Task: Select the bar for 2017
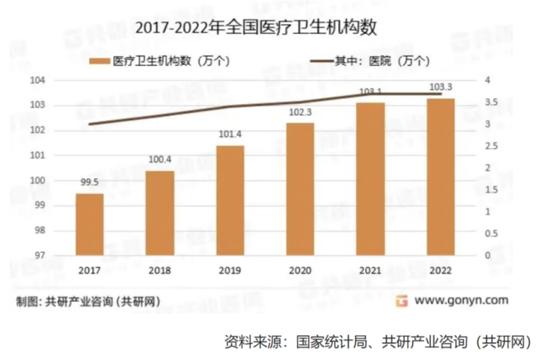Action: (90, 224)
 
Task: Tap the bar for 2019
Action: (230, 200)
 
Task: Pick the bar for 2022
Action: (441, 177)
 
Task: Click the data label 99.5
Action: (90, 181)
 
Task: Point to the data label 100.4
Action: (160, 159)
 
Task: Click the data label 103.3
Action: (441, 88)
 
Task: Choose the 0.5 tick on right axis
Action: (489, 234)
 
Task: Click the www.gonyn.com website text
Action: (461, 301)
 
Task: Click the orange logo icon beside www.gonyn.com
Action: (402, 301)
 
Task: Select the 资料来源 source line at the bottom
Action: (377, 341)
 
